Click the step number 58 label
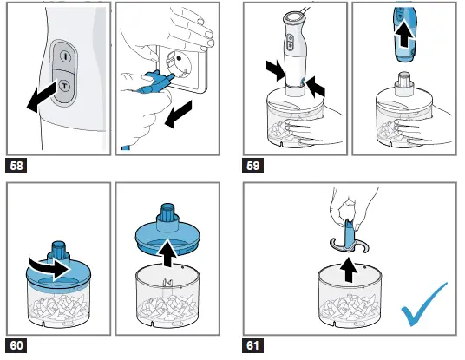(x=16, y=165)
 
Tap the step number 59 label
(x=252, y=165)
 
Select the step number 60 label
(x=16, y=345)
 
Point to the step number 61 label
(x=252, y=345)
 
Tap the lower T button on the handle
(x=64, y=86)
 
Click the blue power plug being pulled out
(x=154, y=83)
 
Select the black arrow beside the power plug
(x=179, y=115)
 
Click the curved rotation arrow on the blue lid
(x=50, y=266)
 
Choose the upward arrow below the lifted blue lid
(x=167, y=253)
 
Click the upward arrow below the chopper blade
(x=349, y=270)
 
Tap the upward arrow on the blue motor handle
(x=404, y=35)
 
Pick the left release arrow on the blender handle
(x=277, y=70)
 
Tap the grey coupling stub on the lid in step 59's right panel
(x=404, y=83)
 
